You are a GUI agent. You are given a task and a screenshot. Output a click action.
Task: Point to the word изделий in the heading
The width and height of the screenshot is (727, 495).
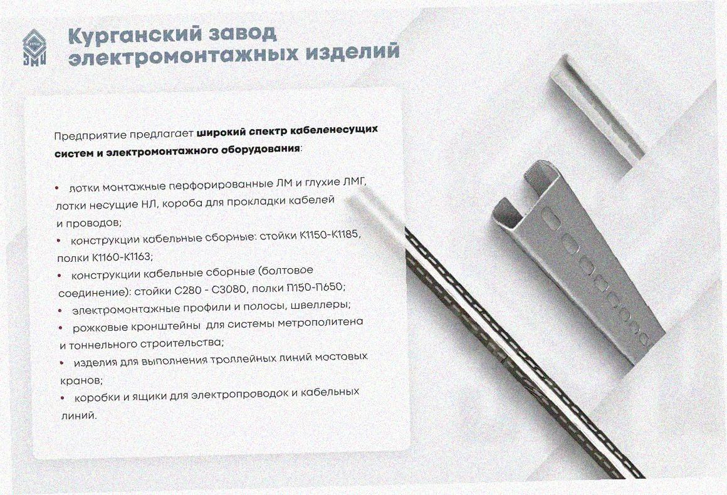pos(352,53)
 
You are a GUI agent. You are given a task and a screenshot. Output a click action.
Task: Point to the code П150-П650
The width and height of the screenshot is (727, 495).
pos(316,288)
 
